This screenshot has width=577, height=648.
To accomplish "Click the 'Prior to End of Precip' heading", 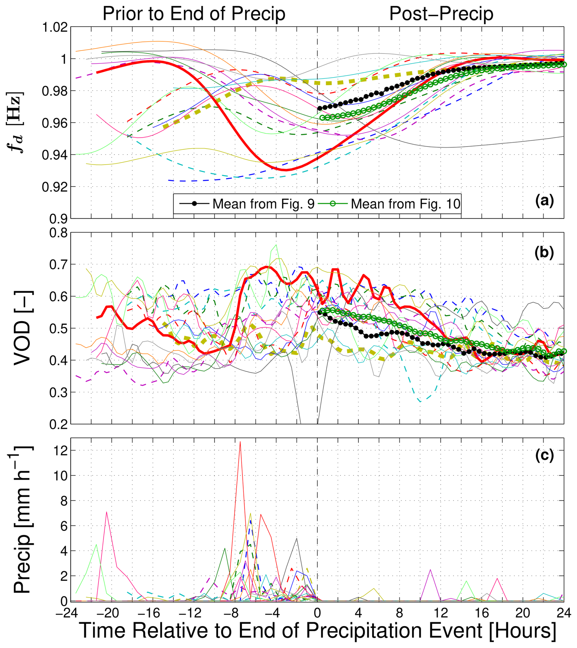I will click(x=194, y=14).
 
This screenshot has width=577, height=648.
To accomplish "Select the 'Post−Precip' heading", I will click(x=441, y=14).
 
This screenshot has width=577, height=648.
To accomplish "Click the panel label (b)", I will click(x=544, y=253).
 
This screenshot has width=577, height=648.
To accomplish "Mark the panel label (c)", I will click(x=544, y=455).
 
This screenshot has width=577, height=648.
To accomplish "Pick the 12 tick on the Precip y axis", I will click(x=60, y=450).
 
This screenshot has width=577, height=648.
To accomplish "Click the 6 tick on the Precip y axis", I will click(x=63, y=526).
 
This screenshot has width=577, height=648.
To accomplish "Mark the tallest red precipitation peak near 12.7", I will click(x=240, y=442).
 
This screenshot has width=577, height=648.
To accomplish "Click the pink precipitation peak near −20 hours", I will click(x=106, y=512).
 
